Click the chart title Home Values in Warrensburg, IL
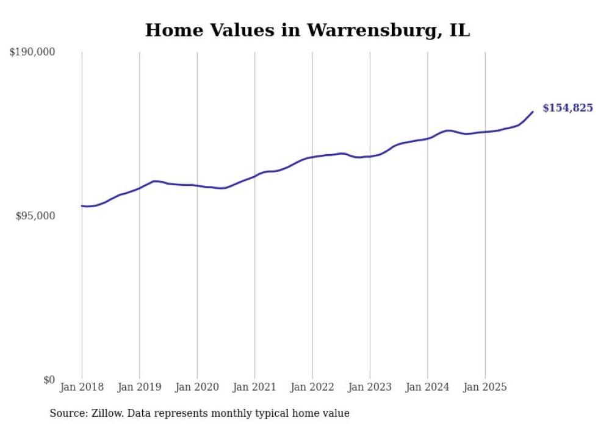[308, 30]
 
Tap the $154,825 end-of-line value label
[567, 108]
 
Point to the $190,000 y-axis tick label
[32, 52]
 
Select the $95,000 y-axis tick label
[35, 216]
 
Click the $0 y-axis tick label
[49, 380]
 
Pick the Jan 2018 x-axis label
[82, 387]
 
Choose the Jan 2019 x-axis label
[140, 387]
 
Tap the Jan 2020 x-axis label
[197, 387]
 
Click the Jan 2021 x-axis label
[255, 387]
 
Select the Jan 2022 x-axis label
[312, 387]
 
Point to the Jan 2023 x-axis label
[370, 387]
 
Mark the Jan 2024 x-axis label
[428, 387]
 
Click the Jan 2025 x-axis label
[485, 387]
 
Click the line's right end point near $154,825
[533, 112]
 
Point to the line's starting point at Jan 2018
[82, 206]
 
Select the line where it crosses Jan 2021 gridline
[255, 176]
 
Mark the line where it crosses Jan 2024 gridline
[428, 138]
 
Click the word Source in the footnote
[67, 413]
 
